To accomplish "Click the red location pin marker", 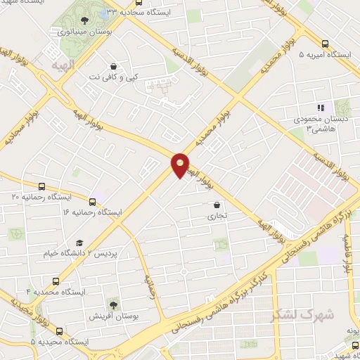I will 180,165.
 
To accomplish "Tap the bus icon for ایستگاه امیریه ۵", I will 325,41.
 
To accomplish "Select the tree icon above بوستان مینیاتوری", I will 85,20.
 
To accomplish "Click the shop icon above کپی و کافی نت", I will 112,65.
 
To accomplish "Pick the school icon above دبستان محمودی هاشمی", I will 321,108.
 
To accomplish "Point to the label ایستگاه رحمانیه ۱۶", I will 92,212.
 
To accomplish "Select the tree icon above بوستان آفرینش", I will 112,304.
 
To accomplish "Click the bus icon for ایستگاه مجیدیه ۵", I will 58,330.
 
